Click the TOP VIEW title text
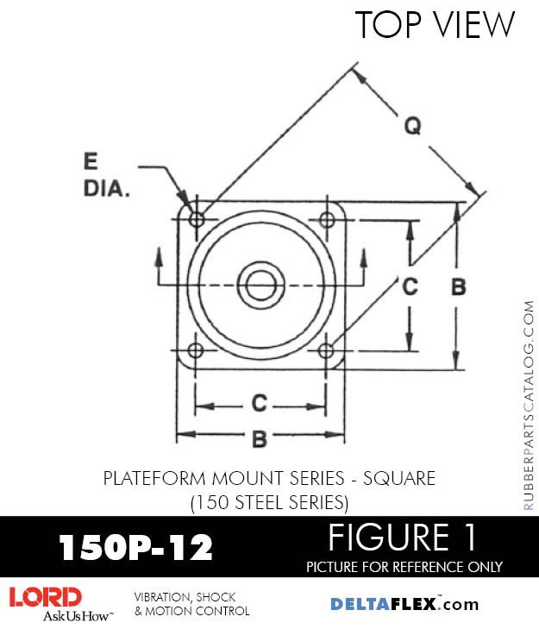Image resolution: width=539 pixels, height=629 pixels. click(x=435, y=25)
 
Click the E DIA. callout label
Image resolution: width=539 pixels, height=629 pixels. click(x=106, y=174)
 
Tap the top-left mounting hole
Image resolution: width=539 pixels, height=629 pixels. click(x=197, y=219)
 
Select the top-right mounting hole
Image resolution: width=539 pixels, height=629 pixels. click(x=326, y=219)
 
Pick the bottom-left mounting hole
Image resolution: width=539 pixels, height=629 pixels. click(x=196, y=350)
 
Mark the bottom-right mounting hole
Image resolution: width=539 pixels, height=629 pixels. click(x=326, y=350)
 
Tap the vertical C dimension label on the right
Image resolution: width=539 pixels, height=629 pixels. click(x=411, y=286)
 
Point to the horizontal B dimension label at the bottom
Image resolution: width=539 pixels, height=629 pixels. click(x=259, y=438)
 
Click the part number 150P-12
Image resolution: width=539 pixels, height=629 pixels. click(x=135, y=547)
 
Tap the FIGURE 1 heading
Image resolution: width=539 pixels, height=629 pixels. click(x=402, y=538)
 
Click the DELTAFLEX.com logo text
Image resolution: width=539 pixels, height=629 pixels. click(x=404, y=604)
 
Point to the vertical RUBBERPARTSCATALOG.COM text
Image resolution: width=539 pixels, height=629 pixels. click(x=528, y=406)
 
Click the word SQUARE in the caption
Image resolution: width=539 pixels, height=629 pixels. click(x=398, y=478)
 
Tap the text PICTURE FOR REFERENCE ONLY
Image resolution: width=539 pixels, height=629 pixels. click(x=404, y=567)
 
